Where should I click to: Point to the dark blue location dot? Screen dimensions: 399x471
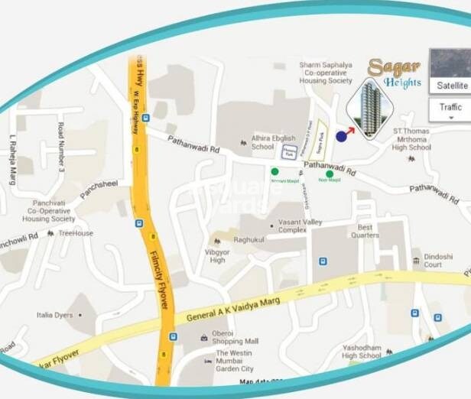click(341, 136)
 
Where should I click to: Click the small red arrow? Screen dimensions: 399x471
click(350, 130)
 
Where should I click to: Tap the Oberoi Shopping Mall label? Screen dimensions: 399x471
click(236, 337)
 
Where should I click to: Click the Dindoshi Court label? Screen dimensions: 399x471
click(433, 261)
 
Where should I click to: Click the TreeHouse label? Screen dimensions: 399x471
click(76, 233)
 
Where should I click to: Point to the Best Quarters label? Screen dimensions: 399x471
click(365, 232)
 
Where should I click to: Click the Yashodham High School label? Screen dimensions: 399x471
click(362, 352)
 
